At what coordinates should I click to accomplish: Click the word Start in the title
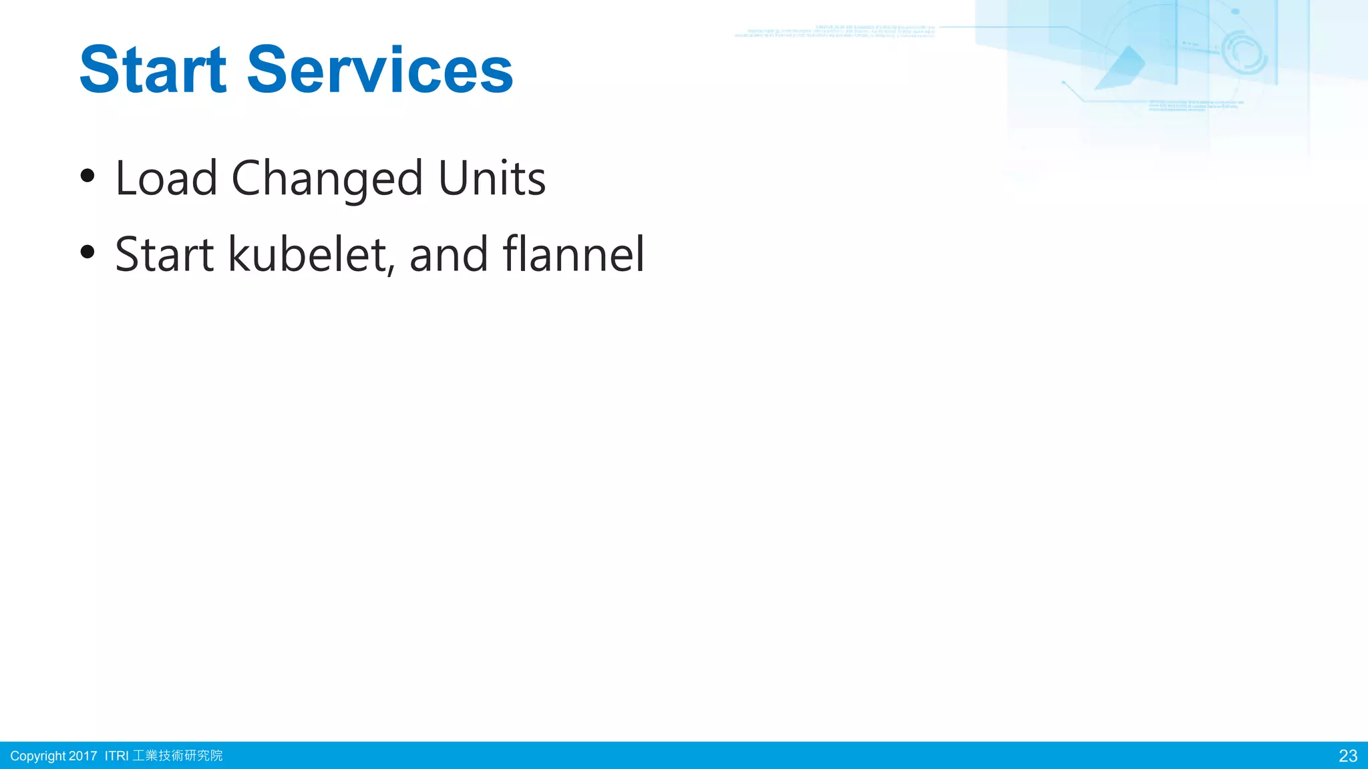click(153, 70)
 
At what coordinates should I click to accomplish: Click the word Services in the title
click(380, 70)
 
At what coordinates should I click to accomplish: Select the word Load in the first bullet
click(166, 178)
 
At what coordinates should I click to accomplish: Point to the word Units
click(492, 178)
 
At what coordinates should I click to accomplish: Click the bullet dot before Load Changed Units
click(88, 176)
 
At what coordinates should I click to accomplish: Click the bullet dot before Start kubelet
click(88, 252)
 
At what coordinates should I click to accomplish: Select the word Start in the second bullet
click(164, 255)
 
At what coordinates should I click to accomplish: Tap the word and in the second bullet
click(449, 255)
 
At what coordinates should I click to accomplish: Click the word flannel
click(574, 254)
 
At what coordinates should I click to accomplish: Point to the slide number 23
click(1348, 756)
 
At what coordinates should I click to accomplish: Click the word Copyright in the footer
click(37, 756)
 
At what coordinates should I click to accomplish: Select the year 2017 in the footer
click(83, 756)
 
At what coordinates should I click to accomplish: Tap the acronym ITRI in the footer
click(116, 756)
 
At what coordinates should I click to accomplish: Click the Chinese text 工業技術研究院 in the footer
click(178, 756)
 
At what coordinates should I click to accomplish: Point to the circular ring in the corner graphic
click(1244, 53)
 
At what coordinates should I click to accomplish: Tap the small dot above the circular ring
click(1235, 11)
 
